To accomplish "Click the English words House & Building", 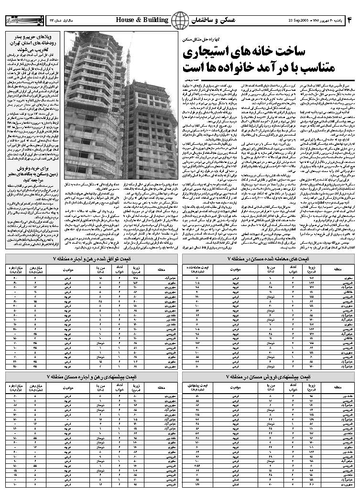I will [x=142, y=20].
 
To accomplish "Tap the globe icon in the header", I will [x=180, y=21].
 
